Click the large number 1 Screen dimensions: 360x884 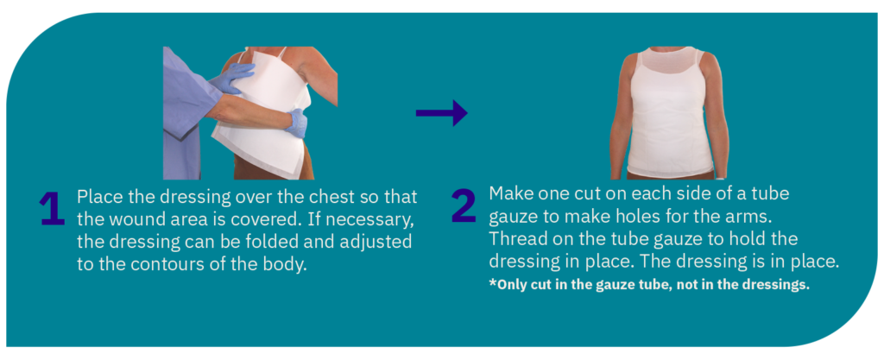coord(53,209)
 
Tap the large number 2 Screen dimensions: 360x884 coord(464,205)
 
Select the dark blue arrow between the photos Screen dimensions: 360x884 coord(441,113)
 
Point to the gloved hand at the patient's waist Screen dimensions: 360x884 coord(296,123)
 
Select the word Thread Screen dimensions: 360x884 coord(518,238)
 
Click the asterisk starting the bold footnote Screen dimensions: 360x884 coord(492,283)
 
